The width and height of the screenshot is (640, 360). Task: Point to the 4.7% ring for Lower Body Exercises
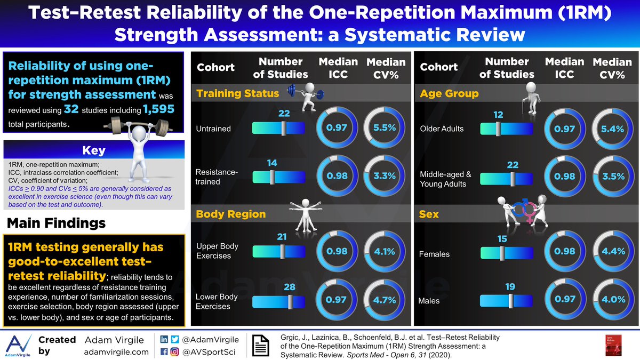(383, 300)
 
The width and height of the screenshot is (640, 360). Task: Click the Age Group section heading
(449, 94)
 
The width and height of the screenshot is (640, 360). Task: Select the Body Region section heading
(231, 214)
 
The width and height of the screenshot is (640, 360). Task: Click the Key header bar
(93, 150)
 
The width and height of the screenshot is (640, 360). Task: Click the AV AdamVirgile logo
(18, 345)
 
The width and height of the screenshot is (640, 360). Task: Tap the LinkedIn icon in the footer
(163, 339)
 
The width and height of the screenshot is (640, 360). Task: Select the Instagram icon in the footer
(175, 351)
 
